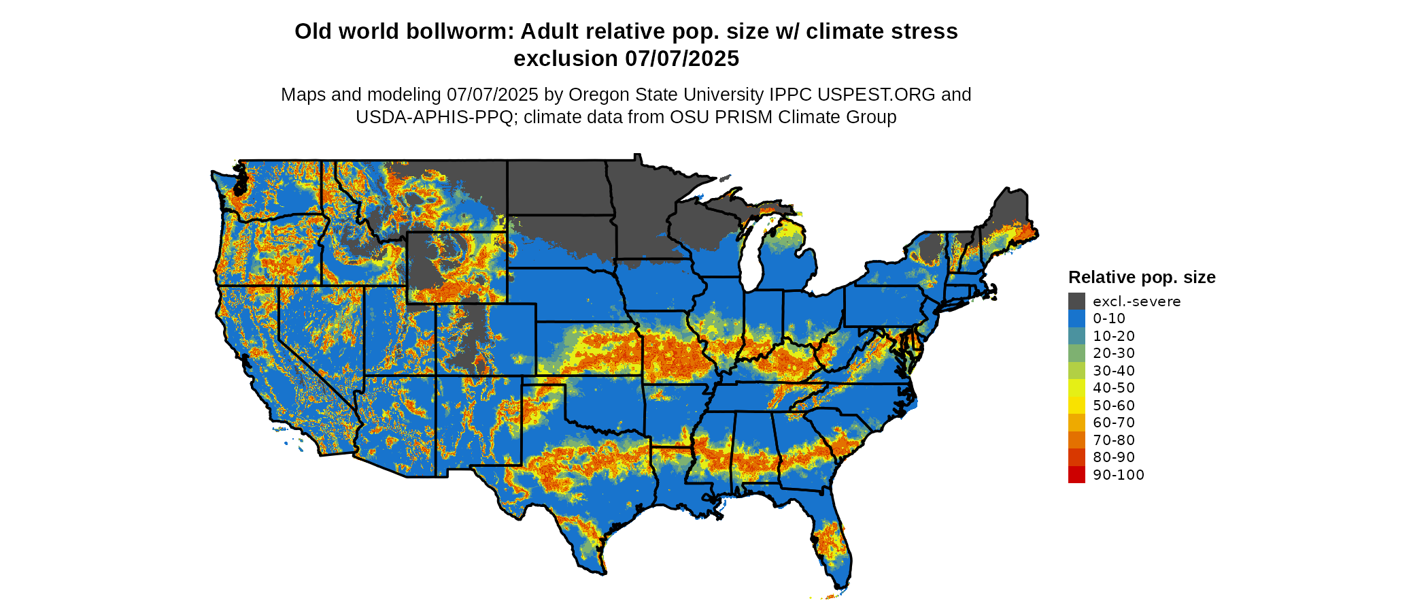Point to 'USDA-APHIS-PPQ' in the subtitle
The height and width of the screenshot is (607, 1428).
[x=435, y=118]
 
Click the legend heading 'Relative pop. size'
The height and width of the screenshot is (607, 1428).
[x=1142, y=278]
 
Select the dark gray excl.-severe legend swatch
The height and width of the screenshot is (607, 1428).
[x=1076, y=301]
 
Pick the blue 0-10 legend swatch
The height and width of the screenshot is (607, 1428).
[x=1076, y=318]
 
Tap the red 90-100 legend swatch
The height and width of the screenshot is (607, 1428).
[x=1076, y=475]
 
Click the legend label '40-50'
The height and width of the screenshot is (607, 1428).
[x=1114, y=388]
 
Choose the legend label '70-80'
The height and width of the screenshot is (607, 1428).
[x=1114, y=440]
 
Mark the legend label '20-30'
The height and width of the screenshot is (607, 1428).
[x=1114, y=353]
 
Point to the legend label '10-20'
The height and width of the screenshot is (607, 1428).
[x=1114, y=336]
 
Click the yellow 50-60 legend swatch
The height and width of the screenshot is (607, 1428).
[x=1076, y=406]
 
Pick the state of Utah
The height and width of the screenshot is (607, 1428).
[x=398, y=333]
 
